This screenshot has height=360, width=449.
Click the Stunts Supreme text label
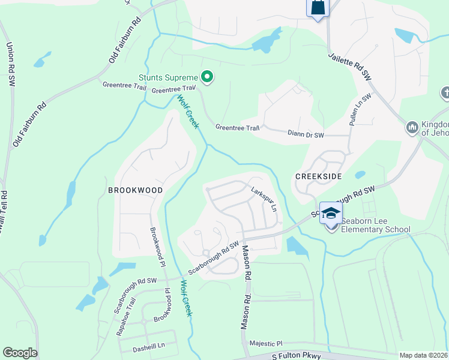168,77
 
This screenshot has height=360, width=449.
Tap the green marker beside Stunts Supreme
207,77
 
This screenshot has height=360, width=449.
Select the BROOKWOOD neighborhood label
135,190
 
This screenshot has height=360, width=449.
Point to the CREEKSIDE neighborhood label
318,176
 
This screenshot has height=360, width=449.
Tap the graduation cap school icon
331,214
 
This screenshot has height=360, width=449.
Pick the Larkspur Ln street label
264,200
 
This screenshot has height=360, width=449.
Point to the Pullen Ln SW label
358,109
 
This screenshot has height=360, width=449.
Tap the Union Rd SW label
10,64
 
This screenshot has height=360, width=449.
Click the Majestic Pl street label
267,344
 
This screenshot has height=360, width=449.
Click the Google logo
20,353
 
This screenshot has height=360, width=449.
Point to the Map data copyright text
423,355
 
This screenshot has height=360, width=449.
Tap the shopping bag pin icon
318,8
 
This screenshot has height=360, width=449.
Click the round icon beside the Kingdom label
412,128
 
